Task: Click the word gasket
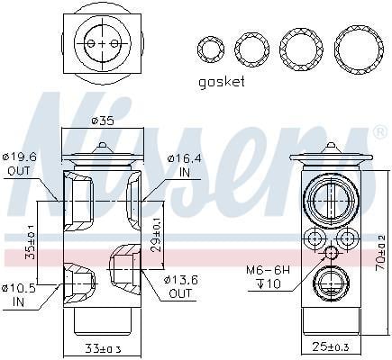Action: coord(222,82)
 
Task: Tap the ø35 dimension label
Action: coord(103,121)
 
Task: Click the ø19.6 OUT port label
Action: coord(19,164)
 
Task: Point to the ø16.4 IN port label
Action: coord(184,165)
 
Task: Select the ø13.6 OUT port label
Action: coord(181,286)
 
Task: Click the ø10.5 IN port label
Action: coord(19,295)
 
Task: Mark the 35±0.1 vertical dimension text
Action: coord(30,241)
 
